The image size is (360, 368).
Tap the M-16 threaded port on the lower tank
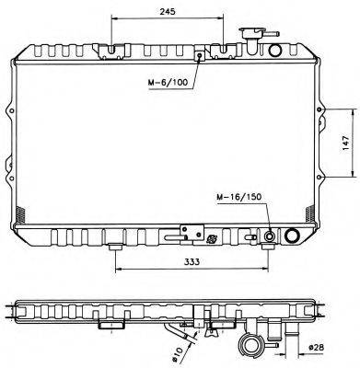[x=270, y=237]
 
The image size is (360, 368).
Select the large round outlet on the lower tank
[x=293, y=237]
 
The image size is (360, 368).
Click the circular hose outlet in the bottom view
[x=250, y=345]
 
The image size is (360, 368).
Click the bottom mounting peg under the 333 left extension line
[x=115, y=247]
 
